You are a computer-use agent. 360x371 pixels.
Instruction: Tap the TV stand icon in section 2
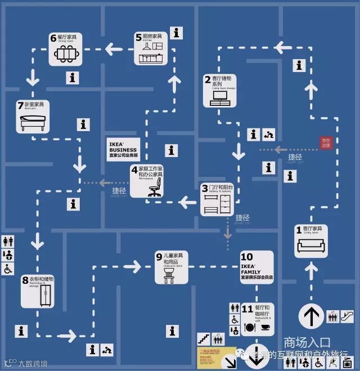click(219, 97)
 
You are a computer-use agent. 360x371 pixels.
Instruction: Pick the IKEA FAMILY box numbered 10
click(256, 267)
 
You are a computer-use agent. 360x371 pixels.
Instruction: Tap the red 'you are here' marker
click(326, 143)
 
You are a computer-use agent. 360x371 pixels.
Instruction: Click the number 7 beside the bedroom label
click(20, 105)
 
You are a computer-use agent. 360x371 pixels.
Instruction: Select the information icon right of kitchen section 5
click(177, 33)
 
